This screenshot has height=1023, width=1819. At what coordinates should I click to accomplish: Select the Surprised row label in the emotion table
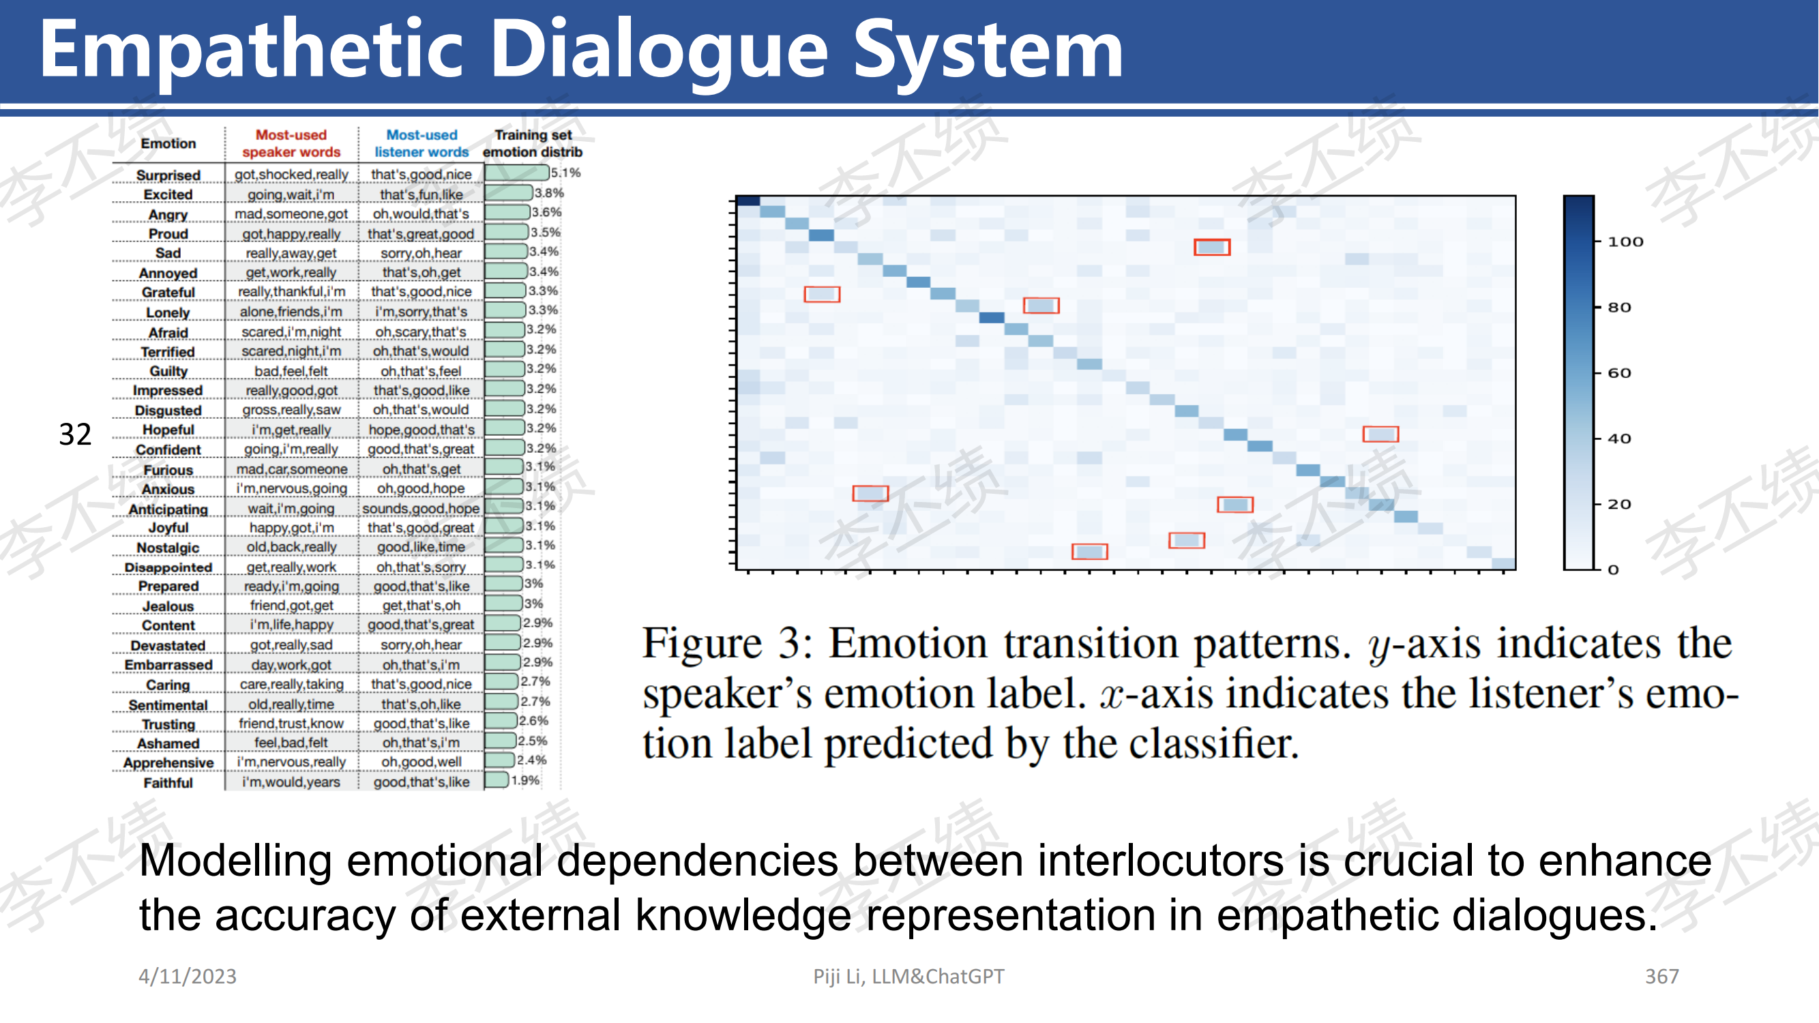click(x=168, y=175)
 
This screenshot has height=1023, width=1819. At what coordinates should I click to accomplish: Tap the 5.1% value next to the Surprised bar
click(x=565, y=173)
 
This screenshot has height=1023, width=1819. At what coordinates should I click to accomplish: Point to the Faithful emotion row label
click(x=168, y=782)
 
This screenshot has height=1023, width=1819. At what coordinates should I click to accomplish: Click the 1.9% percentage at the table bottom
click(x=525, y=780)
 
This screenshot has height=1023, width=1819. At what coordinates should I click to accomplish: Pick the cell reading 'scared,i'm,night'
click(x=291, y=332)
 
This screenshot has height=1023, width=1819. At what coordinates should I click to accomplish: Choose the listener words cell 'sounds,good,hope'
click(x=421, y=508)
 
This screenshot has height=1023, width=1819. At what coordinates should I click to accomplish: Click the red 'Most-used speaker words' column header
click(x=291, y=143)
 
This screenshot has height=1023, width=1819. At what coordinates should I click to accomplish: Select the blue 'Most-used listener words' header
click(x=422, y=143)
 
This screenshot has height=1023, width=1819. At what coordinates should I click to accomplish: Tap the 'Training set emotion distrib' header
click(x=533, y=143)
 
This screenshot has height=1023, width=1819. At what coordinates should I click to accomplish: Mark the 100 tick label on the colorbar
click(x=1625, y=242)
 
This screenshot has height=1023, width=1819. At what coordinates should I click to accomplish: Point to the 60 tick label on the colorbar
click(x=1619, y=373)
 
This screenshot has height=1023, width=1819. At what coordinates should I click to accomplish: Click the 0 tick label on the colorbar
click(x=1613, y=569)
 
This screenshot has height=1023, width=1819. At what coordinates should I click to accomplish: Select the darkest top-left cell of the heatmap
click(x=748, y=201)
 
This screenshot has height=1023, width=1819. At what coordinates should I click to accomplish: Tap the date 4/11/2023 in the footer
click(x=188, y=977)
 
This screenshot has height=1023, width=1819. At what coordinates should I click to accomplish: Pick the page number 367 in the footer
click(x=1662, y=977)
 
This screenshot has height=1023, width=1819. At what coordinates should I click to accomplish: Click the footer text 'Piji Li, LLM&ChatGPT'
click(x=908, y=977)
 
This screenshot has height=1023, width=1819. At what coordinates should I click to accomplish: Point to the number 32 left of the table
click(x=75, y=435)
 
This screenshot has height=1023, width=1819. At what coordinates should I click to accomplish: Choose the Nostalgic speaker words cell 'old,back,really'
click(x=291, y=547)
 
